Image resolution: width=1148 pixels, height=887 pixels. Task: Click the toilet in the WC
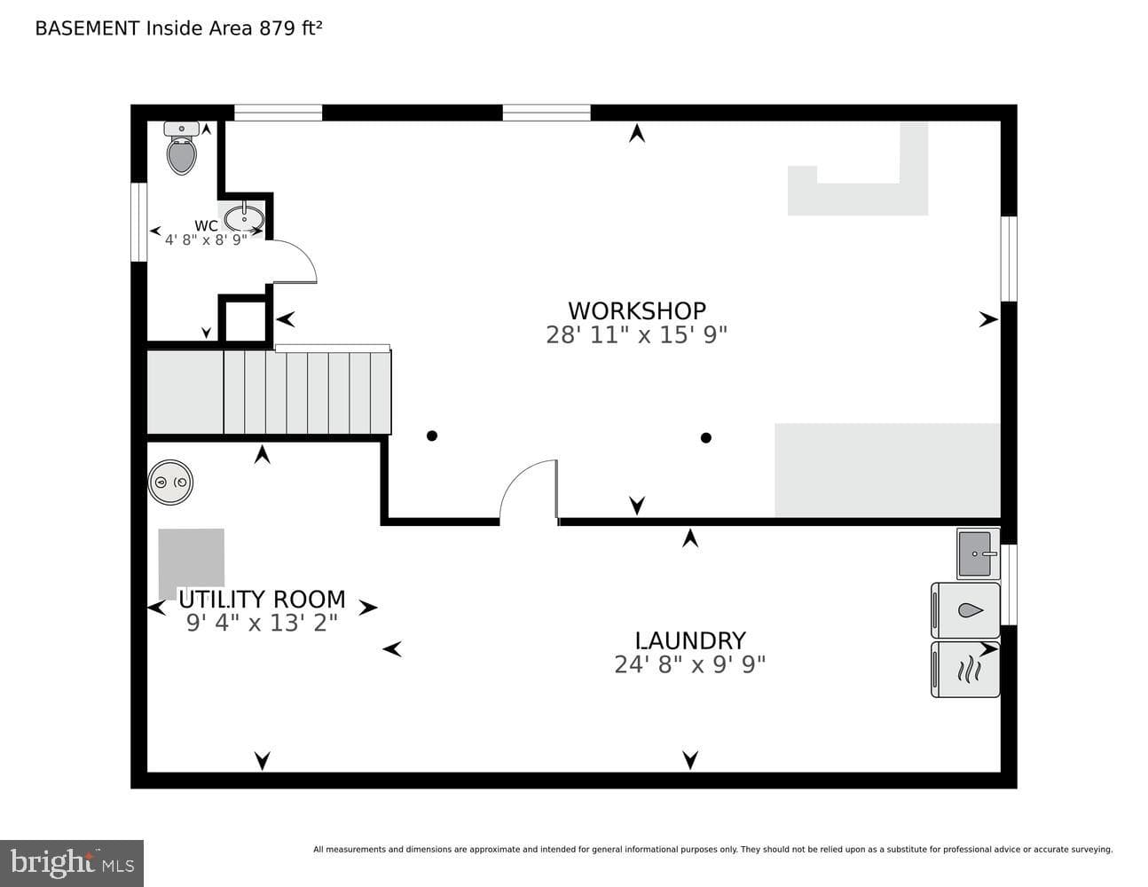182,148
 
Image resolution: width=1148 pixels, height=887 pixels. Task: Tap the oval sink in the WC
244,218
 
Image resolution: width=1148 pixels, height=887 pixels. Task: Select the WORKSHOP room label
637,311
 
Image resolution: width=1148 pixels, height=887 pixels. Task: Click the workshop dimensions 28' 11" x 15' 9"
637,334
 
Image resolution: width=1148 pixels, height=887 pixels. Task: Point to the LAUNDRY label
690,641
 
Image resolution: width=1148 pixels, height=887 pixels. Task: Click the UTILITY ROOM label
262,600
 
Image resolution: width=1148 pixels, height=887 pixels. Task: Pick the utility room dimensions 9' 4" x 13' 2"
262,624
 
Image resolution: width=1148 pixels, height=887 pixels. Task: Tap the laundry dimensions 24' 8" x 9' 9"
690,664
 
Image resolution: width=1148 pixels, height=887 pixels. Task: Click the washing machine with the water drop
965,610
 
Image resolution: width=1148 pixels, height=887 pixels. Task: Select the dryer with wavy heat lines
965,669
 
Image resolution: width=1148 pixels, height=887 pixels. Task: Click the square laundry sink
978,553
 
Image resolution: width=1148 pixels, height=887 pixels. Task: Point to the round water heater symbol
170,482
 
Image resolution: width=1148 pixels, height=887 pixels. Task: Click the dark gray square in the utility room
192,564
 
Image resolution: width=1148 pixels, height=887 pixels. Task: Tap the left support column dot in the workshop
432,436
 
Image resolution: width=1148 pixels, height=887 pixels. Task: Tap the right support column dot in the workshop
706,437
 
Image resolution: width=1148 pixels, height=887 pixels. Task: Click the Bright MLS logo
72,864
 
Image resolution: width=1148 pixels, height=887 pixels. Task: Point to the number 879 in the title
278,28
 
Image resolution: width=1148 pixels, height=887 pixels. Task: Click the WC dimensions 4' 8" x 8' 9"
206,240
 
